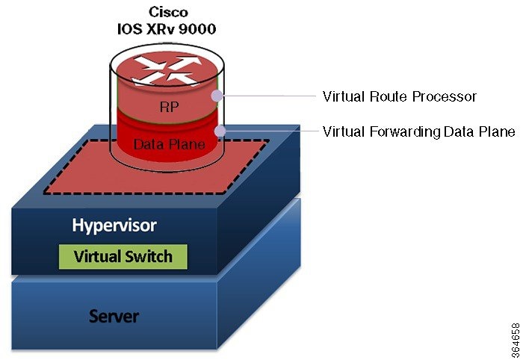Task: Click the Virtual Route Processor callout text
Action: [x=399, y=96]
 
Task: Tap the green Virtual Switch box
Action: [x=123, y=256]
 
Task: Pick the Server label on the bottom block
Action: [x=114, y=315]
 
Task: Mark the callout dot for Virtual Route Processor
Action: [x=217, y=96]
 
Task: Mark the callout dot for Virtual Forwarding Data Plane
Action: [x=220, y=131]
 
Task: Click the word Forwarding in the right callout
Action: [x=400, y=131]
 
